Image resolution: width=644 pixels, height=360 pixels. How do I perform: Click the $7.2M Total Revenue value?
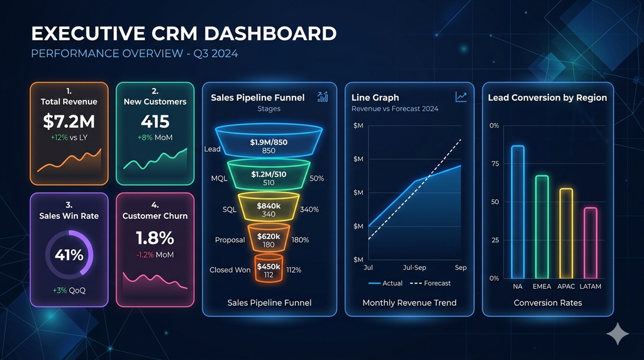[69, 121]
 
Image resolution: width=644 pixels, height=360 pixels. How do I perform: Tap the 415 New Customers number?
[155, 121]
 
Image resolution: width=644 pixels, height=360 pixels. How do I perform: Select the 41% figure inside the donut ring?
[69, 255]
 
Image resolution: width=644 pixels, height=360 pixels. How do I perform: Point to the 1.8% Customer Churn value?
[155, 238]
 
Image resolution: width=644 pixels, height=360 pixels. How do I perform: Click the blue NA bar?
[518, 211]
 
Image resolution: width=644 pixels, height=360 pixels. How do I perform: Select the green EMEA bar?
[541, 227]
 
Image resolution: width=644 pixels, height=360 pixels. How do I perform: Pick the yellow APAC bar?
[566, 233]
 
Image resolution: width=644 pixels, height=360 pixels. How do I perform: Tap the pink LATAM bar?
[591, 242]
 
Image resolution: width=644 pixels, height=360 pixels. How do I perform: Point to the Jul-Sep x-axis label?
[415, 268]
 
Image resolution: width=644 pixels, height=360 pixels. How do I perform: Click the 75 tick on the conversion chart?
[494, 164]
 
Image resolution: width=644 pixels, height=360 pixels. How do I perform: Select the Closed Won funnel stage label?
[230, 270]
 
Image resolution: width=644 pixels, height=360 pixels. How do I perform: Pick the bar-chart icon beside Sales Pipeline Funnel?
[323, 96]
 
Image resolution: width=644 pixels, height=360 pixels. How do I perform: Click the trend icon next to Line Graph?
[461, 96]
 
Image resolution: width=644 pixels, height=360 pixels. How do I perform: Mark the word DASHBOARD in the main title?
[270, 34]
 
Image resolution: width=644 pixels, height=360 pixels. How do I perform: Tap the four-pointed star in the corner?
[618, 333]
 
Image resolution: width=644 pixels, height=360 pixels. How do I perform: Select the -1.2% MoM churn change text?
[155, 255]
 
